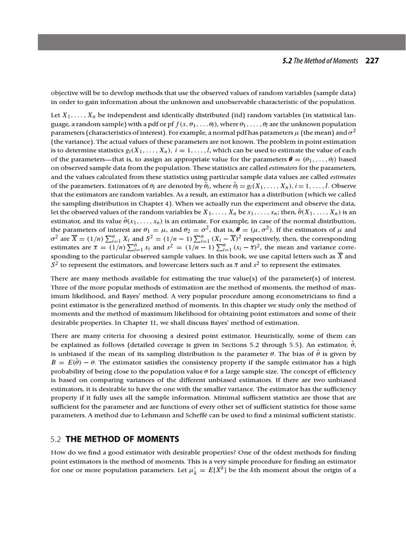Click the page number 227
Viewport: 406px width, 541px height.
click(372, 61)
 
